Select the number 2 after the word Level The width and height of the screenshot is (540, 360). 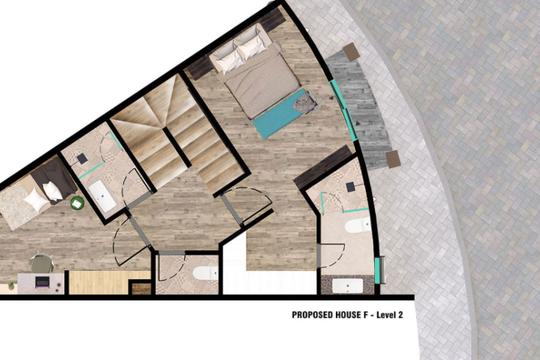coord(400,315)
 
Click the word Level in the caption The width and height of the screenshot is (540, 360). coord(385,315)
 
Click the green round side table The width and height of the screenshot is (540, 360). coord(77,203)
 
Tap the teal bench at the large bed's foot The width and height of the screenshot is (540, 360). coord(280,114)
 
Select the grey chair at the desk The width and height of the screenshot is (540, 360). coord(41,262)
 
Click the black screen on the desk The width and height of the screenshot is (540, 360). coord(42,282)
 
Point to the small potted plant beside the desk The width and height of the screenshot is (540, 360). coord(11,286)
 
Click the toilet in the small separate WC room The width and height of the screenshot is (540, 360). coord(205,273)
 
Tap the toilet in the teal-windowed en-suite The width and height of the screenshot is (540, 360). coord(358,226)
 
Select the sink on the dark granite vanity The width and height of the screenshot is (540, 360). coord(347,286)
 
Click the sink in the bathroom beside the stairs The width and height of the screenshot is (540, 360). coord(102,196)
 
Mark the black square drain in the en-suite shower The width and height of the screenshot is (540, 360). coord(350,187)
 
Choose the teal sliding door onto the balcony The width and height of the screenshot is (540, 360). coord(343,110)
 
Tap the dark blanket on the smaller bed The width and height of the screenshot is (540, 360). coord(55,178)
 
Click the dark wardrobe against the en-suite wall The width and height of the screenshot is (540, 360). coord(322,167)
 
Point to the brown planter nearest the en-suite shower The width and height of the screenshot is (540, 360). coord(393,159)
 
